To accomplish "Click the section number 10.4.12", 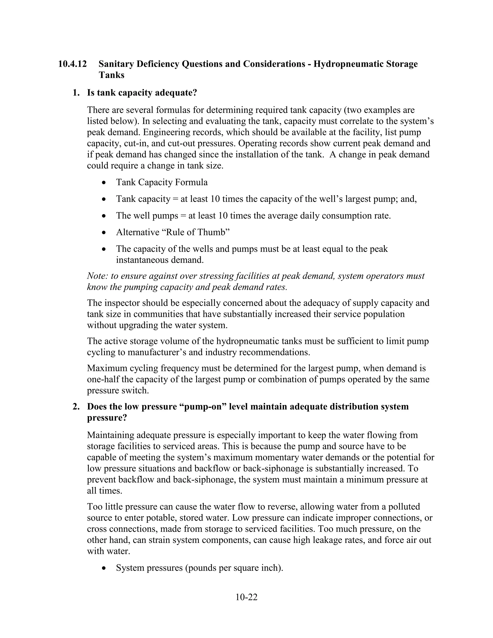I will tap(72, 64).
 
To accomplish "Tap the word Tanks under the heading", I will tap(111, 75).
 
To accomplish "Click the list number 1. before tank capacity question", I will tap(76, 93).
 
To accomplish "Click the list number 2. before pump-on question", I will tap(76, 407).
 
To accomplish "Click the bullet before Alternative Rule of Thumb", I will tap(104, 233).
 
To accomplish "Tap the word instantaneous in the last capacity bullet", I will tap(142, 260).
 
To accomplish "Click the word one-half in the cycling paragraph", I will tap(103, 379).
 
